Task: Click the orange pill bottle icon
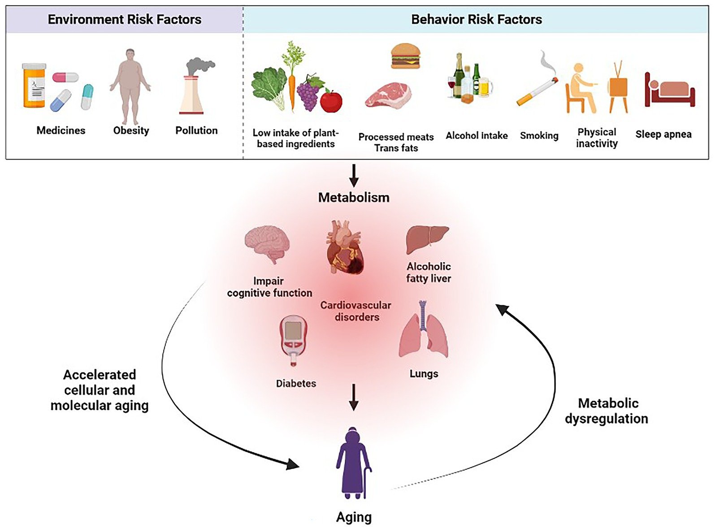click(x=34, y=86)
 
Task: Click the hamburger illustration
click(x=405, y=56)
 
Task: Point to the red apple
click(x=331, y=100)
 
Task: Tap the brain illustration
click(x=267, y=245)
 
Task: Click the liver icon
click(x=427, y=239)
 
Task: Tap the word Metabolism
click(x=354, y=197)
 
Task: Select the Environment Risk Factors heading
click(x=125, y=20)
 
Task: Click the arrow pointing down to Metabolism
click(x=354, y=175)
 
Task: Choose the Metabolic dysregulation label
click(x=607, y=411)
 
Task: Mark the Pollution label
click(x=196, y=130)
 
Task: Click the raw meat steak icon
click(x=388, y=95)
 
